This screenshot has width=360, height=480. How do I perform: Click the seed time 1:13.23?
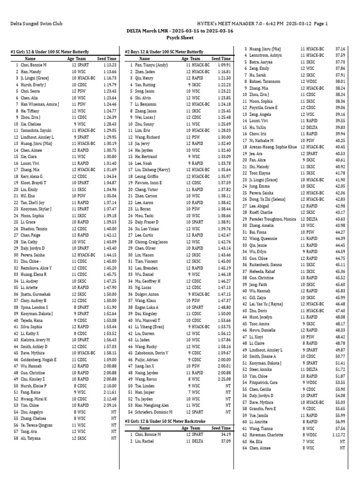point(108,65)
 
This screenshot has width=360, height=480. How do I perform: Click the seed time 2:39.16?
point(108,405)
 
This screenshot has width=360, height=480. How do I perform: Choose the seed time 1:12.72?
point(337,435)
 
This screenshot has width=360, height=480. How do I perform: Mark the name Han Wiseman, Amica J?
point(40,104)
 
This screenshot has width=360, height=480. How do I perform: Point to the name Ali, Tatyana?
point(31,438)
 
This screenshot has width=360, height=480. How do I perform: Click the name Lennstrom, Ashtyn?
point(268,55)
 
